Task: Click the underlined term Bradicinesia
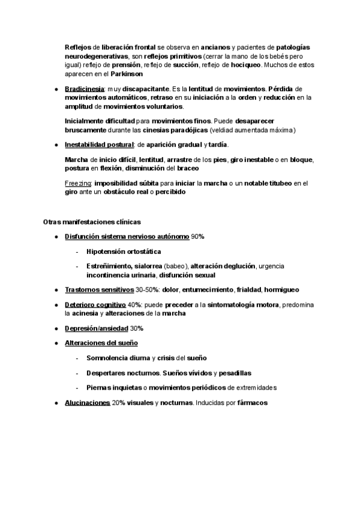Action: [x=83, y=88]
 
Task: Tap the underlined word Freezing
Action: [x=77, y=183]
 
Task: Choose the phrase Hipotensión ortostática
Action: [x=124, y=251]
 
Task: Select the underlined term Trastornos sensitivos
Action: [x=99, y=289]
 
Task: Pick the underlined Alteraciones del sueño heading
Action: [x=101, y=343]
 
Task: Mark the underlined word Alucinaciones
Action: [x=87, y=402]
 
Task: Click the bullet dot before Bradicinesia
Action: [x=55, y=89]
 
